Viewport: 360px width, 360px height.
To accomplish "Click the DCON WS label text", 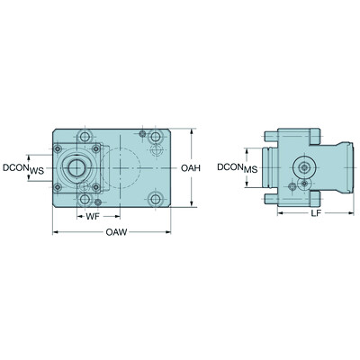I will (24, 167).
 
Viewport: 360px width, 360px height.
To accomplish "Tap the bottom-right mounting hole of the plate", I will (156, 199).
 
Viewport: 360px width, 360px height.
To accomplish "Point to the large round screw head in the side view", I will (303, 167).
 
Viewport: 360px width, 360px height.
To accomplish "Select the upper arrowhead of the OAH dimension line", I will (192, 131).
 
